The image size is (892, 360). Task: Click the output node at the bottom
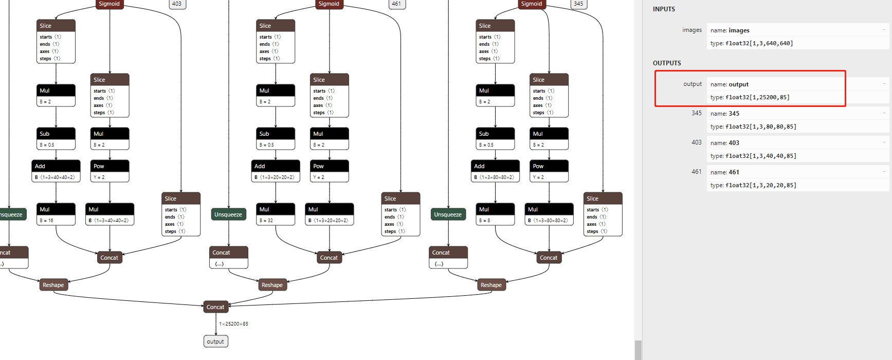point(215,341)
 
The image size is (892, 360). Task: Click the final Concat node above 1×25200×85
point(215,307)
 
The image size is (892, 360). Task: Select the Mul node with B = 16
point(56,214)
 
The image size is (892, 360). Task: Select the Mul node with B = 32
point(276,214)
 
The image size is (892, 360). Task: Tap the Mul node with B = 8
point(495,214)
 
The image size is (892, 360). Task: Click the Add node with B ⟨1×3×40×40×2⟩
point(56,171)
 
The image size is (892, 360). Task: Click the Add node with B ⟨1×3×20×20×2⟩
point(276,171)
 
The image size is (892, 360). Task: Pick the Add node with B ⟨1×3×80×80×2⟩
point(495,171)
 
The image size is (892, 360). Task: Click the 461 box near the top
point(396,4)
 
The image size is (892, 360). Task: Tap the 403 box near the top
point(177,4)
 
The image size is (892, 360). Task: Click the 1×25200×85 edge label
point(233,324)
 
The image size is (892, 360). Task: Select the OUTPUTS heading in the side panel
point(667,63)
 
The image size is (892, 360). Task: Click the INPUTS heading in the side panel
point(664,9)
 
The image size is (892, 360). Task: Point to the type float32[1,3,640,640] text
point(752,43)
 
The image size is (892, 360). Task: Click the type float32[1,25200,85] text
point(750,97)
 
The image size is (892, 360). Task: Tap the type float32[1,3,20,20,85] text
point(753,185)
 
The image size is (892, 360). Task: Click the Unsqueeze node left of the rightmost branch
point(448,214)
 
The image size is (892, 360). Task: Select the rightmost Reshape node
point(491,285)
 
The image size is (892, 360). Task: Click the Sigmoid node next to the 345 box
point(531,4)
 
